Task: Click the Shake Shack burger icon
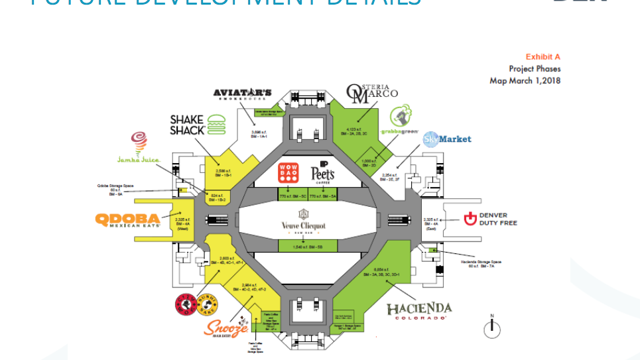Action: pyautogui.click(x=216, y=124)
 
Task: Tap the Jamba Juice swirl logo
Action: pyautogui.click(x=139, y=142)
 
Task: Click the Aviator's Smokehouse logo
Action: pyautogui.click(x=243, y=93)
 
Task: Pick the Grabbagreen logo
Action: pyautogui.click(x=400, y=119)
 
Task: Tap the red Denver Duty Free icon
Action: pyautogui.click(x=470, y=219)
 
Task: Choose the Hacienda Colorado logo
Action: pyautogui.click(x=419, y=310)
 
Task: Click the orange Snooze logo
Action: pyautogui.click(x=227, y=327)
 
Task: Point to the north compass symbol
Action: pyautogui.click(x=491, y=328)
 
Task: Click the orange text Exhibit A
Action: pyautogui.click(x=543, y=57)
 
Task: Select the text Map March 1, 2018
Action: pyautogui.click(x=525, y=81)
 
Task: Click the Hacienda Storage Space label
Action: pyautogui.click(x=481, y=264)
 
